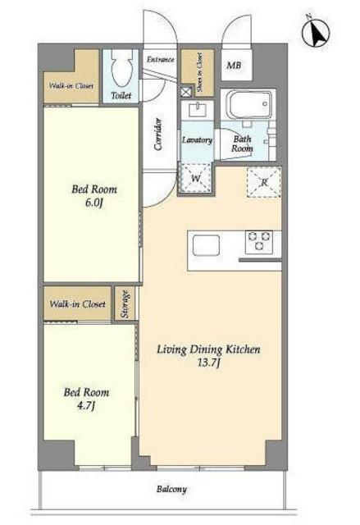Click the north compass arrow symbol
point(316,33)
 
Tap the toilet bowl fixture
point(122,68)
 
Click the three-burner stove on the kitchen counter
point(259,241)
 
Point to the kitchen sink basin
point(207,245)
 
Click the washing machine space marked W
point(196,178)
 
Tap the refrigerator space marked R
point(264,182)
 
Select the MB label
point(234,66)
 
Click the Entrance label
point(161,60)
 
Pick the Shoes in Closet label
point(199,72)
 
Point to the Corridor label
point(158,135)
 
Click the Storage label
point(125,304)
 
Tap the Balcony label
point(171,490)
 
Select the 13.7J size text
point(208,363)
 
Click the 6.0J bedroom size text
point(93,203)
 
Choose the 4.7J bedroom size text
point(86,406)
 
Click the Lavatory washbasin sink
point(197,110)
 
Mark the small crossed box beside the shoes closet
point(186,92)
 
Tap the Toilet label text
point(121,96)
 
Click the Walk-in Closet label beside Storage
point(78,304)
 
